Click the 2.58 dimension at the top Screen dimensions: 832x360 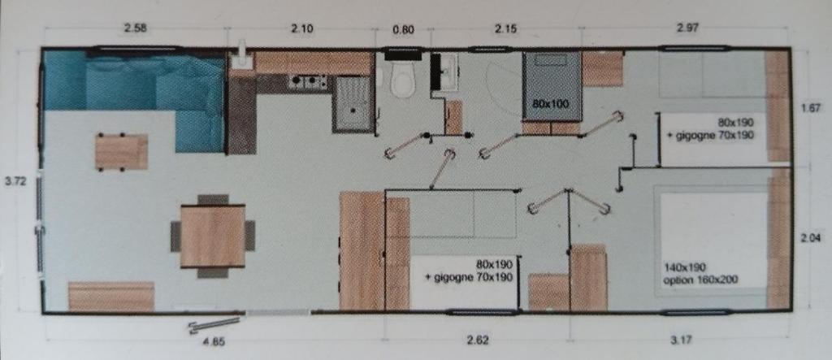135,28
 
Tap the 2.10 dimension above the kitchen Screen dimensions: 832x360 302,28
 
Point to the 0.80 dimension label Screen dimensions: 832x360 403,30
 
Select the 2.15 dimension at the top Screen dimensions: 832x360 505,28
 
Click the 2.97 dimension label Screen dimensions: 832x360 688,28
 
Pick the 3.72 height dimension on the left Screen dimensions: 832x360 15,181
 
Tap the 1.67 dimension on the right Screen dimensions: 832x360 811,109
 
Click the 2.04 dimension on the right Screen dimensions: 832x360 811,238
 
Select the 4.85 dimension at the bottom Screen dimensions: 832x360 214,342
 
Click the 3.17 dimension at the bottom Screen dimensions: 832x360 681,340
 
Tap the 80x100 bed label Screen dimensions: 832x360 551,104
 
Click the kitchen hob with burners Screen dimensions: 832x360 308,82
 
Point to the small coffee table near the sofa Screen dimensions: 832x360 122,152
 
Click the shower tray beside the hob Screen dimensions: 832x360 353,105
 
